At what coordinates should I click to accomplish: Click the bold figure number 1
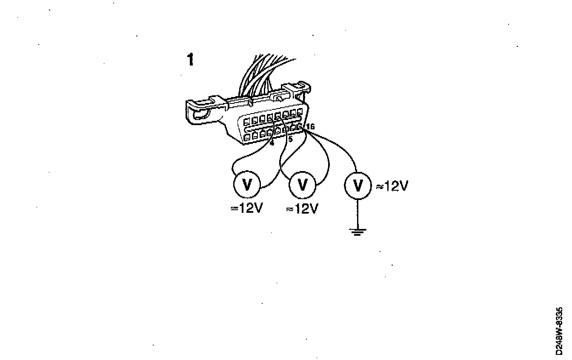(190, 60)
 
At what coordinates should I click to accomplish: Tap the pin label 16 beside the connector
(310, 126)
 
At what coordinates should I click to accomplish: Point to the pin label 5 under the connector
(290, 139)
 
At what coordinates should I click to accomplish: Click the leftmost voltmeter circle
(247, 185)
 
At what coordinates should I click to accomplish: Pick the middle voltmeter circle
(302, 185)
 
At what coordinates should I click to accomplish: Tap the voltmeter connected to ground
(357, 185)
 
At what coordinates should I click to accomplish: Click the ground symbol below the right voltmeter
(357, 231)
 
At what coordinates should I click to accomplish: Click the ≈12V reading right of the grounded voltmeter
(392, 186)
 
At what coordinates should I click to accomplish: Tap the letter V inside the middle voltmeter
(302, 185)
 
